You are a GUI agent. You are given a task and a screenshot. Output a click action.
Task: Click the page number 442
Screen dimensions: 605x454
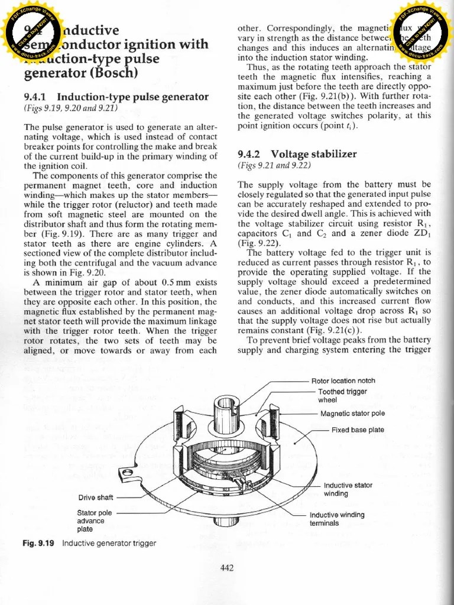point(227,568)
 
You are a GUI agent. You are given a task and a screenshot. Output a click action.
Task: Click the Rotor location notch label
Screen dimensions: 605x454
point(343,380)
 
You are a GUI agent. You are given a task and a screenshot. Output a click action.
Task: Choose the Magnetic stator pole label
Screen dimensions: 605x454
point(352,414)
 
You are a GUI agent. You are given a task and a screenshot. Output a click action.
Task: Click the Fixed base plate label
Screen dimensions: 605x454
point(358,430)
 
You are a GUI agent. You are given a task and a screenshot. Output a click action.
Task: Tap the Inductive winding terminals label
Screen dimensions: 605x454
point(337,519)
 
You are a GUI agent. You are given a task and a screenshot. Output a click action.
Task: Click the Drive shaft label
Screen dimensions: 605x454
point(96,497)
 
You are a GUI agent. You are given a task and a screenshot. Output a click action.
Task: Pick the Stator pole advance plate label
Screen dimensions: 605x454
point(95,521)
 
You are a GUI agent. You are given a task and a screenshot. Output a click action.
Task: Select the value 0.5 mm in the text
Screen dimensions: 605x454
point(176,282)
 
